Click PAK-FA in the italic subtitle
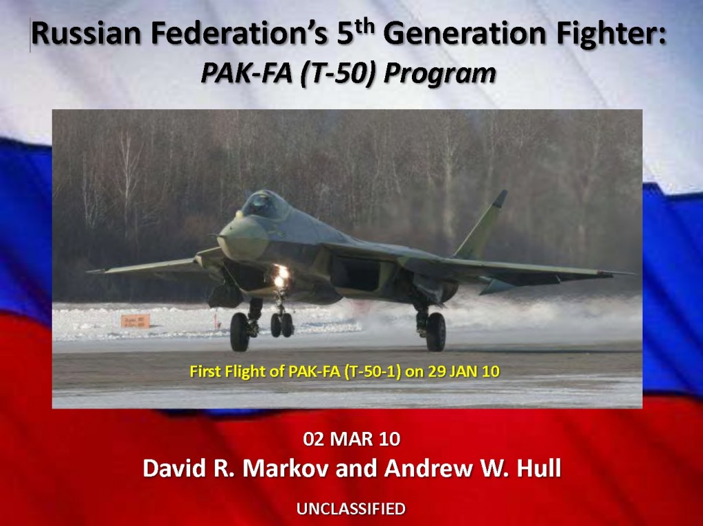[x=246, y=73]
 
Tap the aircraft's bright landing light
[x=281, y=275]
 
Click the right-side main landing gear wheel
[x=435, y=331]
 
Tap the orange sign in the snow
[x=135, y=321]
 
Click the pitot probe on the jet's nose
[x=217, y=236]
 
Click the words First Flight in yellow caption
[x=228, y=371]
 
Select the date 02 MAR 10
[x=351, y=439]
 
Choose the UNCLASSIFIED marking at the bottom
[x=351, y=509]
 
